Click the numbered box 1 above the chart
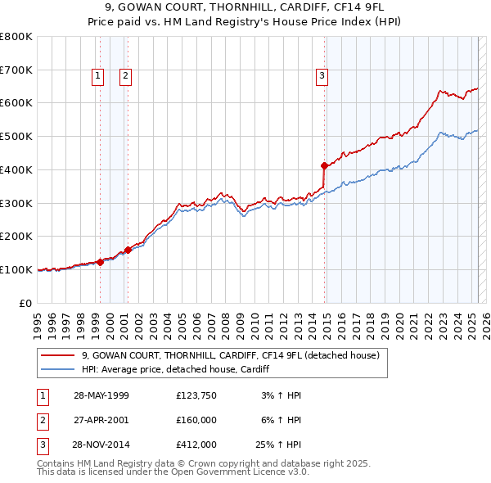coord(98,76)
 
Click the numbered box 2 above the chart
coord(126,76)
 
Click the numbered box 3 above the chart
coord(322,76)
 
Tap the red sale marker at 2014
coord(324,165)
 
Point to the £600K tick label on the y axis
coord(16,103)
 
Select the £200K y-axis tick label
coord(16,237)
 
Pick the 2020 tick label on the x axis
coord(399,320)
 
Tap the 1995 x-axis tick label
coord(38,320)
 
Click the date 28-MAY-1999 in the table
coord(101,395)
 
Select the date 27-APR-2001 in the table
coord(101,418)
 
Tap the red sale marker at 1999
coord(100,262)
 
